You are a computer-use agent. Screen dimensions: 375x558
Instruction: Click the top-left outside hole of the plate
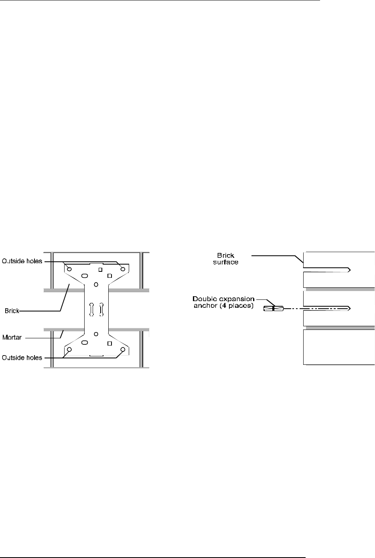coord(69,269)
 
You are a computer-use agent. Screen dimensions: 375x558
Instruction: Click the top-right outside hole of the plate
coord(123,269)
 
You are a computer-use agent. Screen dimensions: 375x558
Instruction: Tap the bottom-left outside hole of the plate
coord(69,350)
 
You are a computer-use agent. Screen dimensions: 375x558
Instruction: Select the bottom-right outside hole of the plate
coord(123,350)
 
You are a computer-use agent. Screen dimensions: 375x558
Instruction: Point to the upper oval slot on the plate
coord(84,276)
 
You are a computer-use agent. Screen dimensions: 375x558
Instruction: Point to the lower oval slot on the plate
coord(84,342)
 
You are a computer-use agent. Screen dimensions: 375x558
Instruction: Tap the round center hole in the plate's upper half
coord(96,284)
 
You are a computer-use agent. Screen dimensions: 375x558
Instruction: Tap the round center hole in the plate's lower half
coord(96,334)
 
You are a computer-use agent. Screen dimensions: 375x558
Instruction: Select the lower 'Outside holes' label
coord(22,357)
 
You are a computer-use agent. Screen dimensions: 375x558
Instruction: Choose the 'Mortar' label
coord(13,337)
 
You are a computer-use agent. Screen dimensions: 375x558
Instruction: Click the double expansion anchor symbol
coord(273,309)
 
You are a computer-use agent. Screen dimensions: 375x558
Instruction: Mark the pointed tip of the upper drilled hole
coord(351,269)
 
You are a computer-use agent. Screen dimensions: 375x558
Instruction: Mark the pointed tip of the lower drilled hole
coord(351,308)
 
